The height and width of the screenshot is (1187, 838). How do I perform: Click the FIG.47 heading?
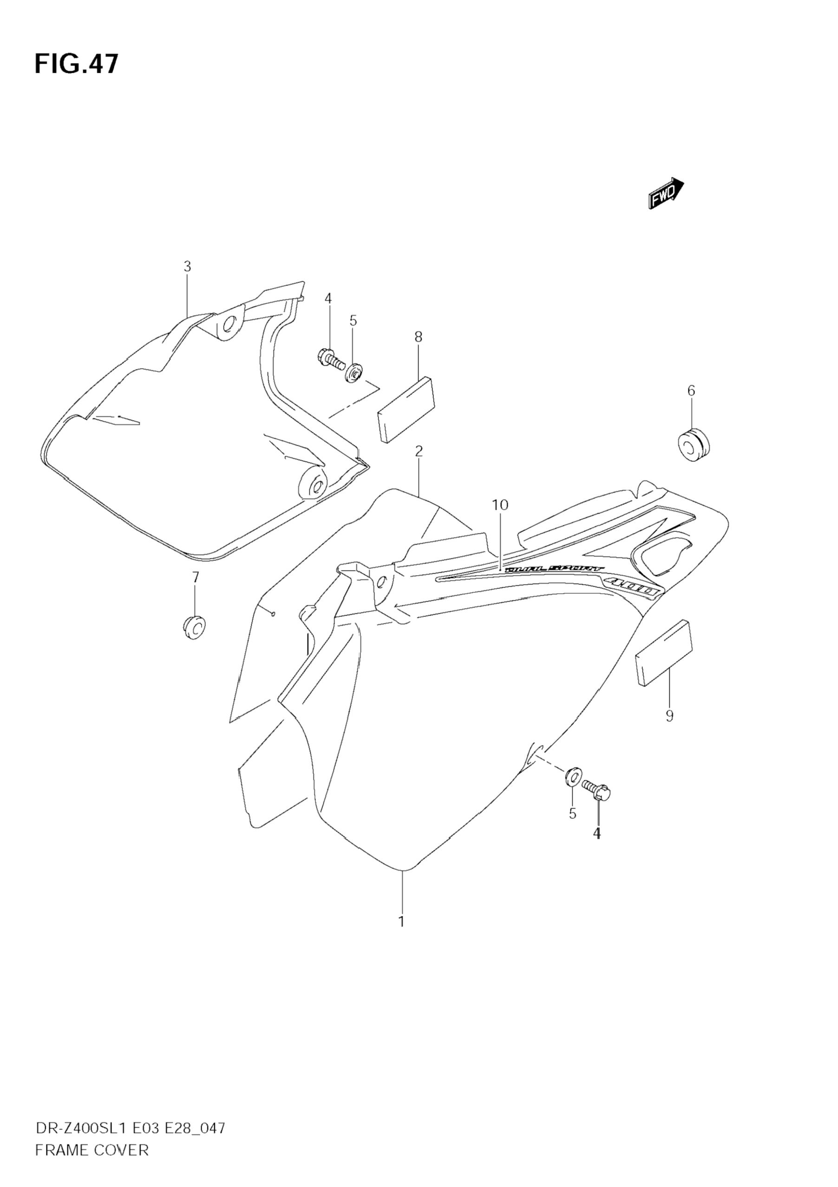[77, 64]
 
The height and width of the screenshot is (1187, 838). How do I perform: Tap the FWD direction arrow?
[666, 192]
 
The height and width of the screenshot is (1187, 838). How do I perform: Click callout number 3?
[187, 267]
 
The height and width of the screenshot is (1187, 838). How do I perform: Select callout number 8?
[418, 337]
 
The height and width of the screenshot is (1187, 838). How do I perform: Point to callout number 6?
[691, 391]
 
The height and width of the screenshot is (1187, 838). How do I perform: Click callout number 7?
[195, 577]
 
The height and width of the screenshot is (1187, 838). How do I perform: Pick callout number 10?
[500, 505]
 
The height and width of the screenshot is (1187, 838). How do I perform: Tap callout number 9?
[669, 715]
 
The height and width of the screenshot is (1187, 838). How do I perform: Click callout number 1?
[401, 921]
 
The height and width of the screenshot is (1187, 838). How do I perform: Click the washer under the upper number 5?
[354, 372]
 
